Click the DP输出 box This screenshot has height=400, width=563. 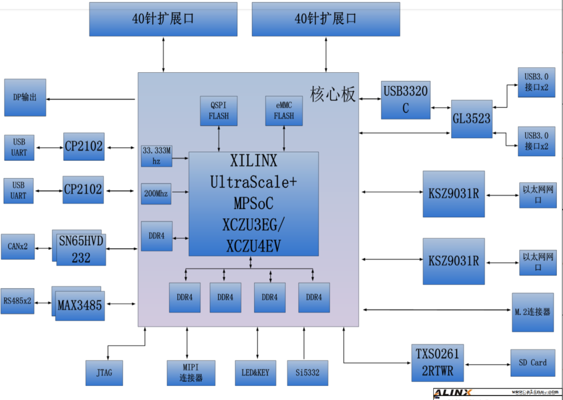click(25, 97)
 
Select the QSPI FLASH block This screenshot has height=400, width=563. click(219, 111)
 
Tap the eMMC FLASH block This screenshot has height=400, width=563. click(284, 111)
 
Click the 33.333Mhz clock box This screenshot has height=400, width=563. click(157, 155)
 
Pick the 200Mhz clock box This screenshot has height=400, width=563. click(156, 193)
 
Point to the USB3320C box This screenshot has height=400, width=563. click(405, 100)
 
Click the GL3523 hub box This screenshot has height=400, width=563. click(471, 119)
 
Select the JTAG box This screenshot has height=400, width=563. click(104, 373)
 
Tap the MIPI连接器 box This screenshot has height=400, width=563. click(191, 373)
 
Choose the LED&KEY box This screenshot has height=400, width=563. click(255, 373)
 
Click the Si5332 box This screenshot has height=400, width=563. click(307, 373)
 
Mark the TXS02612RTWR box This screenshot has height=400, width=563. click(438, 363)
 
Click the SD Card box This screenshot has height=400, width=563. click(532, 363)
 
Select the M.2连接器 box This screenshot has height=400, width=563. click(532, 312)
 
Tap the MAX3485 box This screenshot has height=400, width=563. click(80, 305)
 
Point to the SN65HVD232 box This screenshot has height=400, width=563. click(81, 249)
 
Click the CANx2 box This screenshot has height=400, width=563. click(18, 246)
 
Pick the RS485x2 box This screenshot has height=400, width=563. click(17, 301)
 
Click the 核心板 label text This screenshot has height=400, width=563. click(332, 94)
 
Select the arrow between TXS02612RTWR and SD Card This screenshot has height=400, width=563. click(487, 364)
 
